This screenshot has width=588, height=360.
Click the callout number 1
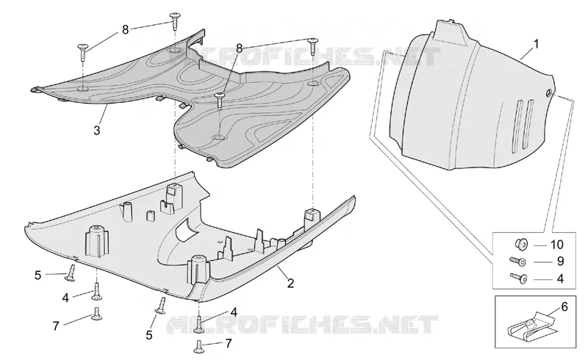tap(537, 44)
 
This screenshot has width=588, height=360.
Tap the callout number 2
tap(290, 283)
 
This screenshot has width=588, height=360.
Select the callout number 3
tap(97, 131)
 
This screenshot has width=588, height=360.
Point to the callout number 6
tap(564, 306)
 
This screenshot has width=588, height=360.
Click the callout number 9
tap(560, 261)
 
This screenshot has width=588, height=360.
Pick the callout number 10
tap(557, 245)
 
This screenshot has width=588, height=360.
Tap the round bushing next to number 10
tap(522, 244)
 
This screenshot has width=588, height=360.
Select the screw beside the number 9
tap(517, 261)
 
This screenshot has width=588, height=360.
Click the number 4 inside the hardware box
tap(560, 278)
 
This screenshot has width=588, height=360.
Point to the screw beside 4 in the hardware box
tap(519, 278)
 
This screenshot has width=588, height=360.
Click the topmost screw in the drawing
tap(175, 21)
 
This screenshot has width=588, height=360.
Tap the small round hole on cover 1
tap(548, 93)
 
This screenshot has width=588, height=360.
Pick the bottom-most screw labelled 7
tap(198, 346)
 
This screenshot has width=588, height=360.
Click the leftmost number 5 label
tap(37, 275)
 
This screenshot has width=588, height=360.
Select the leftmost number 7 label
tap(56, 326)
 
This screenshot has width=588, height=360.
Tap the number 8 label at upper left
tap(125, 29)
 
